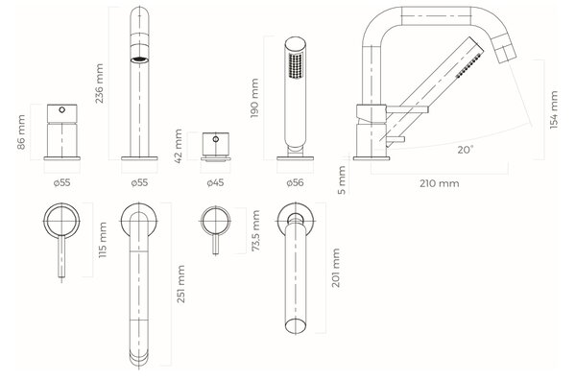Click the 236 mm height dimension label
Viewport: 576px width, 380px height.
click(x=99, y=83)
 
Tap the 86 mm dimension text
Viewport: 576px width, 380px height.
click(x=21, y=132)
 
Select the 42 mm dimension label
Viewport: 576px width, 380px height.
click(x=179, y=146)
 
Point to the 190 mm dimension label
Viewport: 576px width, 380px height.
click(x=254, y=98)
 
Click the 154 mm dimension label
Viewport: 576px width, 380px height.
click(x=554, y=109)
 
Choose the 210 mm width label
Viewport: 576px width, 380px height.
click(x=440, y=183)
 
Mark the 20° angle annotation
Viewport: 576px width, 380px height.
click(x=466, y=150)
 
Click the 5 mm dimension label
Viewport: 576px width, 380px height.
click(x=342, y=179)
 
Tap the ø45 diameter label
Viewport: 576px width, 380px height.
click(x=215, y=182)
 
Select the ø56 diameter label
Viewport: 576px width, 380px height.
click(x=295, y=182)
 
